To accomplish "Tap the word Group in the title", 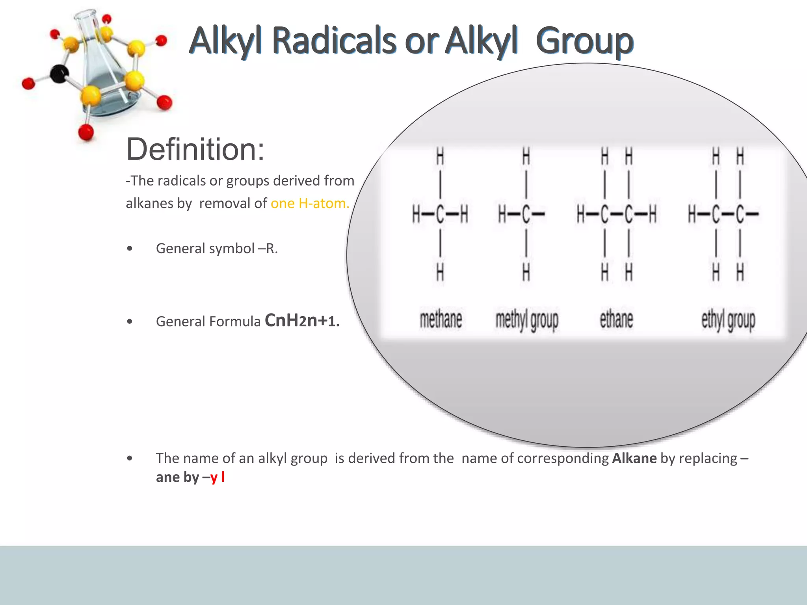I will tap(584, 41).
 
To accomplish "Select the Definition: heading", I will tap(195, 150).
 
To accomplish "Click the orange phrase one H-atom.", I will tap(310, 203).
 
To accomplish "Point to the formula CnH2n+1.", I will tap(302, 321).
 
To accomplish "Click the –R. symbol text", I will tap(268, 249).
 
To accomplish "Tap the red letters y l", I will tap(218, 477).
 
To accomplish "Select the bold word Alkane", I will tap(634, 458).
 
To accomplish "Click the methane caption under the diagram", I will tap(441, 319).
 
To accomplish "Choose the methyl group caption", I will tap(527, 320).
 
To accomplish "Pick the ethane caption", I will tap(616, 319).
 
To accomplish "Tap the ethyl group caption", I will tap(728, 320).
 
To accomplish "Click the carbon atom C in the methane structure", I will tap(440, 215).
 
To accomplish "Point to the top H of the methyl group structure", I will tap(526, 156).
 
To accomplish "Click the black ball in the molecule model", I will tap(60, 74).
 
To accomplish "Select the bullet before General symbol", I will tap(130, 249).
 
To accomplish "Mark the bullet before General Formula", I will tap(130, 321).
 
